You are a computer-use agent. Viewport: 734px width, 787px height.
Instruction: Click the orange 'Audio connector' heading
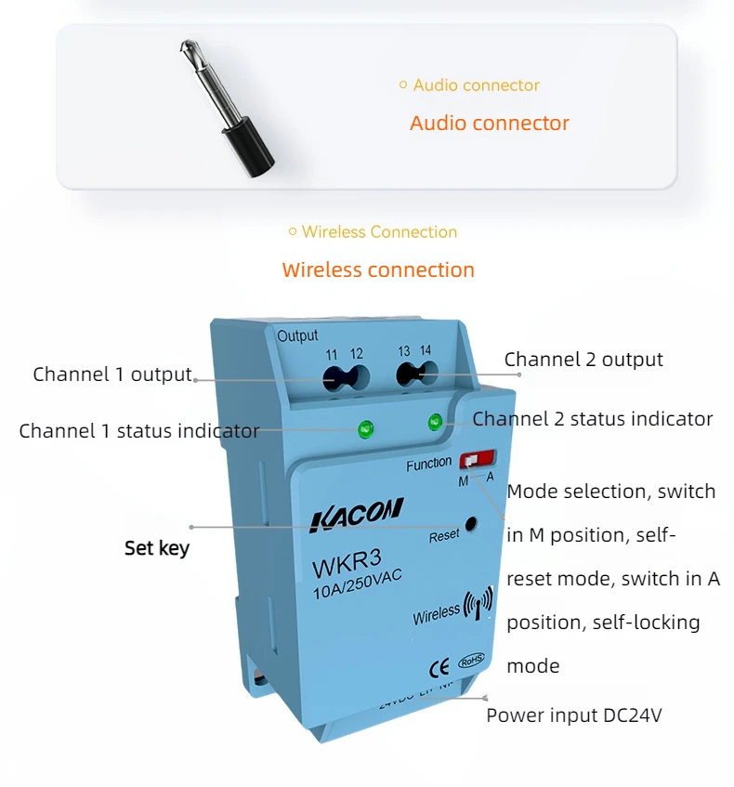(489, 123)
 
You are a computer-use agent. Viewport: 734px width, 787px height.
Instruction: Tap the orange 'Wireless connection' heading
(378, 270)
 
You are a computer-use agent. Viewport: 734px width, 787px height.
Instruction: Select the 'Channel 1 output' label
(112, 374)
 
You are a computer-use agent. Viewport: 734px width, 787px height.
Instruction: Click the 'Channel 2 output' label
(583, 360)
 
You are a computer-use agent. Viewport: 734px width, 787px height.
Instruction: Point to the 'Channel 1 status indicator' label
(139, 431)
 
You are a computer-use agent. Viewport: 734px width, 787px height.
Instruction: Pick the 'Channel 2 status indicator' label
(592, 419)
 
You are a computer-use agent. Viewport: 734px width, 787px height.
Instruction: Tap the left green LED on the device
(365, 428)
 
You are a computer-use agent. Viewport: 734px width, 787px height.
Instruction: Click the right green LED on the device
(434, 423)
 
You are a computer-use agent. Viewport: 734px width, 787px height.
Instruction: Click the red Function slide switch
(477, 460)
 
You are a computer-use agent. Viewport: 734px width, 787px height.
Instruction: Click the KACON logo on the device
(356, 513)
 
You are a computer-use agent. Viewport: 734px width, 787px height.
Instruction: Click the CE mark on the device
(439, 666)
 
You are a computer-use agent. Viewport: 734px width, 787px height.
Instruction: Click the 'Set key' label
(157, 548)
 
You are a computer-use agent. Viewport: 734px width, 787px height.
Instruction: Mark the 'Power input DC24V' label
(573, 715)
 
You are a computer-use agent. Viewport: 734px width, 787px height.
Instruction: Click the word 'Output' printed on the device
(297, 335)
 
